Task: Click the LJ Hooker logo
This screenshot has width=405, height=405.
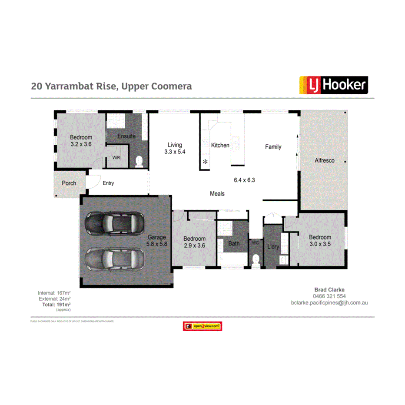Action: pos(333,85)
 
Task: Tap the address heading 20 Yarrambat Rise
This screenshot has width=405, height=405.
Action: pos(111,86)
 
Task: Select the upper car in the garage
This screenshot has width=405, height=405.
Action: pos(114,223)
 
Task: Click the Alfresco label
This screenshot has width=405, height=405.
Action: pos(324,160)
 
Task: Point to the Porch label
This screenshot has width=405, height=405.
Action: pos(69,183)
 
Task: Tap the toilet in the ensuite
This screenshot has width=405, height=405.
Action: pos(139,162)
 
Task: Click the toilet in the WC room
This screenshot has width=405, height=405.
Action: pos(256,260)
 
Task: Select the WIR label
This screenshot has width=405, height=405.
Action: pos(116,158)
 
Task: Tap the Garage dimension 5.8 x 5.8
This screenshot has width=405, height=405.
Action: pos(157,244)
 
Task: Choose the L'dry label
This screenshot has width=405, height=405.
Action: pos(273,247)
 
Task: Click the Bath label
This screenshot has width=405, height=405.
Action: pos(234,243)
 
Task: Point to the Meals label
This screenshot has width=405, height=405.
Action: pos(217,193)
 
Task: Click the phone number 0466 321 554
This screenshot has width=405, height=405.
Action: pos(329,296)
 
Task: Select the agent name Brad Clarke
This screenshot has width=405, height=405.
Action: pos(329,289)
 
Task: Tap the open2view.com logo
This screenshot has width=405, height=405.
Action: pos(202,326)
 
